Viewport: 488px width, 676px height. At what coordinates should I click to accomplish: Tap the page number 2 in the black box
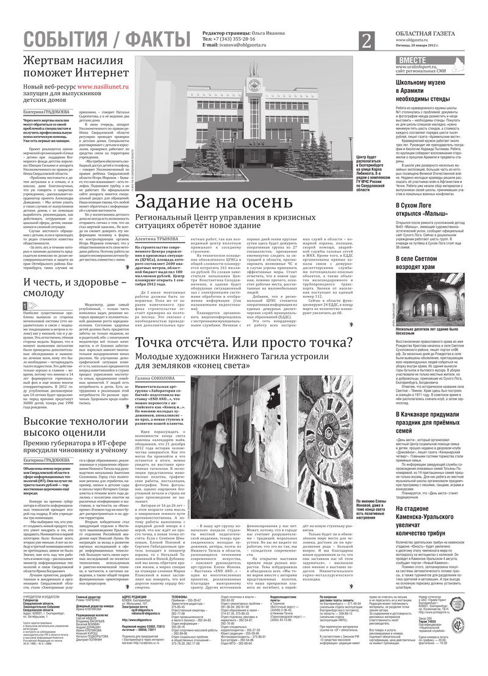point(367,41)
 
